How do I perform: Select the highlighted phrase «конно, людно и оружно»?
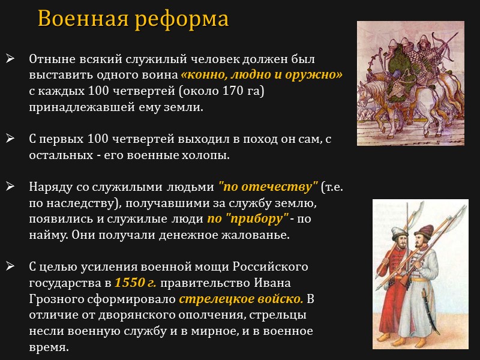point(262,75)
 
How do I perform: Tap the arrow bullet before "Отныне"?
point(10,59)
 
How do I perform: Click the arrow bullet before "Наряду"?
point(10,187)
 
